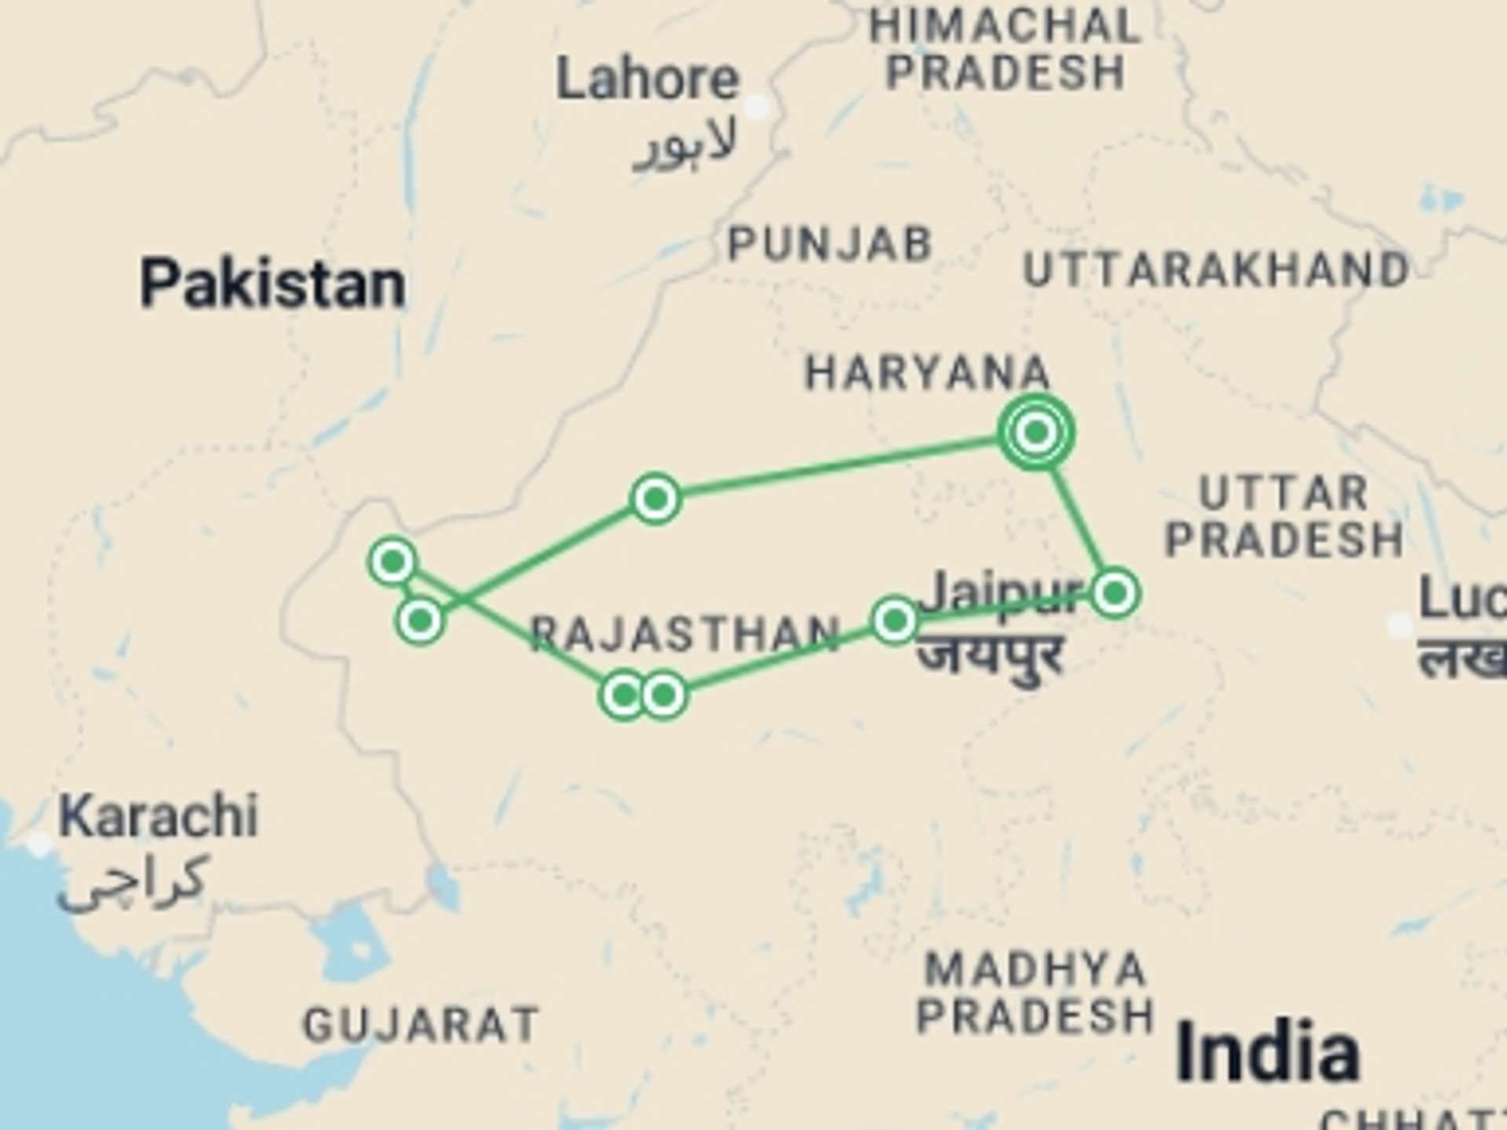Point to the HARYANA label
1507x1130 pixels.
pos(928,373)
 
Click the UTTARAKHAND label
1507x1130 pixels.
pos(1217,271)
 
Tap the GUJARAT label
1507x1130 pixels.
pos(421,1025)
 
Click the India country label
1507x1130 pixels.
pos(1268,1052)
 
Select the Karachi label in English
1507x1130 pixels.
pos(159,817)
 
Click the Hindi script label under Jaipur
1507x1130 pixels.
pos(991,655)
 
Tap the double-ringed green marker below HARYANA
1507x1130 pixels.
pos(1036,432)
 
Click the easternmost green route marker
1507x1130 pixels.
pos(1115,592)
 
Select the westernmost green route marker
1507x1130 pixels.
pos(392,561)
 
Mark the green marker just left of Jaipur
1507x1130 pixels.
pos(895,621)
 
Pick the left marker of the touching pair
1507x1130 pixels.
pos(623,695)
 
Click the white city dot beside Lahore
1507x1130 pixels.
pos(757,106)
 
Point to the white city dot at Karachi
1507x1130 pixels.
pos(38,844)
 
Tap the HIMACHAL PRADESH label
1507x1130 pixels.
pos(1005,49)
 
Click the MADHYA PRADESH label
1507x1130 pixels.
pos(1034,993)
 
